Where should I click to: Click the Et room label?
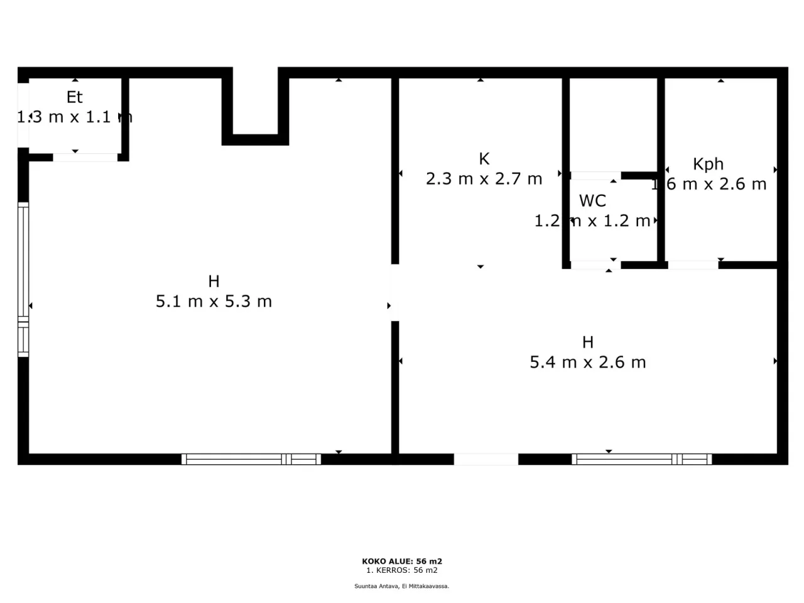coord(74,97)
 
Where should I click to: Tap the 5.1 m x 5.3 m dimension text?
coord(214,301)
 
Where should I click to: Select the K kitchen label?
coord(484,159)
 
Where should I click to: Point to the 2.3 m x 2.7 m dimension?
coord(484,179)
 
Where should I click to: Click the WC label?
coord(592,201)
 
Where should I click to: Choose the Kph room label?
coord(708,165)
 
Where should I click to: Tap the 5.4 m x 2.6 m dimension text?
coord(587,362)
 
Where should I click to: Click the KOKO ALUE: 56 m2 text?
coord(402,562)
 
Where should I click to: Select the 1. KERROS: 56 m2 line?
coord(402,570)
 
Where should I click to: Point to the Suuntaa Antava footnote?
coord(402,586)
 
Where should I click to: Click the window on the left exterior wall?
coord(23,280)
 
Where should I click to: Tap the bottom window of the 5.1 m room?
coord(251,459)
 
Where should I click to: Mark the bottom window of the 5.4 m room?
coord(642,459)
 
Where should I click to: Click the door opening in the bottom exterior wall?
coord(486,459)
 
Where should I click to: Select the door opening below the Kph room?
coord(693,265)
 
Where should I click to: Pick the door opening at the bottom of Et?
coord(85,157)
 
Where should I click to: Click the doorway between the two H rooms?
coord(395,293)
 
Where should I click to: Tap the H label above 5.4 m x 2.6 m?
coord(587,342)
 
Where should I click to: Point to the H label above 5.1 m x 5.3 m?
coord(214,281)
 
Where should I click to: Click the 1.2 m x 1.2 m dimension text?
coord(592,221)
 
